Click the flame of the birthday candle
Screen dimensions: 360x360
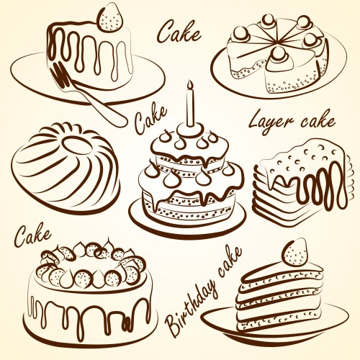(190, 86)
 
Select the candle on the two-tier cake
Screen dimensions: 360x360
(190, 108)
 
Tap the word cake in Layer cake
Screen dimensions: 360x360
(315, 121)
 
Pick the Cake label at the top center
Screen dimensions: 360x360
(178, 32)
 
